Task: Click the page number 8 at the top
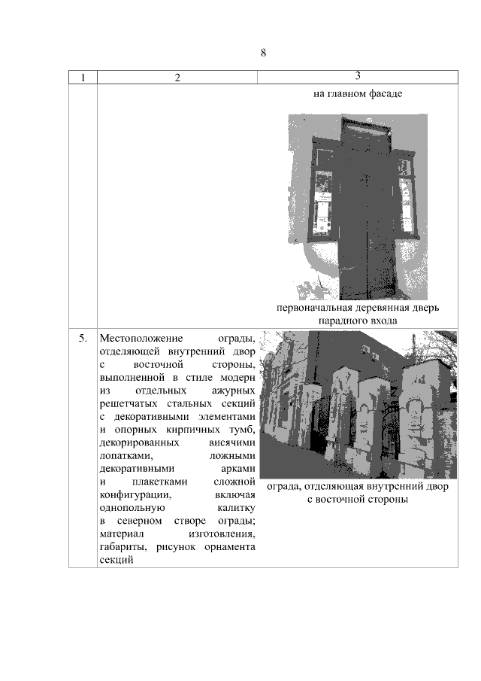(264, 53)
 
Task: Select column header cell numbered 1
(83, 78)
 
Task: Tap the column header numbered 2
(177, 78)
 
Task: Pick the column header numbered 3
(358, 77)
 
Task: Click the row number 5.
(83, 338)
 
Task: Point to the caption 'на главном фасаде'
(358, 95)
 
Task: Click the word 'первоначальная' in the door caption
(311, 309)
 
